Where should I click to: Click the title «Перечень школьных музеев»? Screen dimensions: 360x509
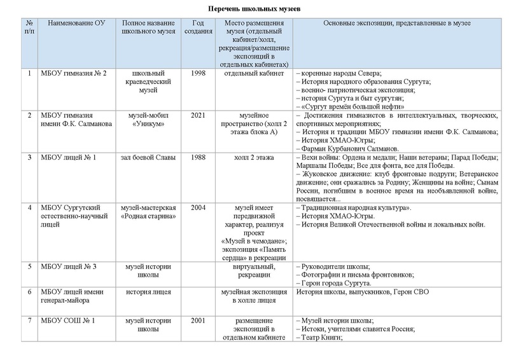point(254,9)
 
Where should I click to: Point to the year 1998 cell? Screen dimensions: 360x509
point(198,73)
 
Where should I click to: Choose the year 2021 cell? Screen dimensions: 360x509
point(198,115)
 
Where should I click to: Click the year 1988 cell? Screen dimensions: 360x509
point(198,157)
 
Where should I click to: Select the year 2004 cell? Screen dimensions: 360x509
point(198,208)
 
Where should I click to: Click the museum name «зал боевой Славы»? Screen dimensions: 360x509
point(148,157)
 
